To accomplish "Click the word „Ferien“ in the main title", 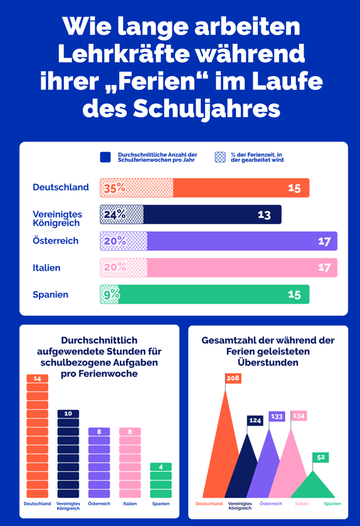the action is tap(156, 82).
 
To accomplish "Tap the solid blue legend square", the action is tap(105, 157).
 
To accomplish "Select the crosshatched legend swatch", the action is tap(220, 157).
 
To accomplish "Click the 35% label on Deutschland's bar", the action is tap(115, 188).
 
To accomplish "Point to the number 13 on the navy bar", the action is tap(264, 215).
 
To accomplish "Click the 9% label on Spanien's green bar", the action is tap(112, 294).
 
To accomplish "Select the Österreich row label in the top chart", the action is tap(55, 240).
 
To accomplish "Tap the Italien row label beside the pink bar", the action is tap(46, 267).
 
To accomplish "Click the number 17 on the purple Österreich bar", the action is tap(324, 241).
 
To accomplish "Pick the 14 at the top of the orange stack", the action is tap(37, 378).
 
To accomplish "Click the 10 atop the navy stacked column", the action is tap(68, 414).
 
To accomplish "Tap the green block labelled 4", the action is tap(161, 466).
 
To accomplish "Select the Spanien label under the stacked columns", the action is tap(161, 503).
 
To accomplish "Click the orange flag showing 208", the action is tap(233, 378).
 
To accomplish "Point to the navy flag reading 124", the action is tap(255, 421).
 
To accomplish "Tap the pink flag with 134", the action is tap(299, 416).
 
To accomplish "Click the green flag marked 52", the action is tap(320, 457).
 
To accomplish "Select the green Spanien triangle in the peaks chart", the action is tap(313, 488).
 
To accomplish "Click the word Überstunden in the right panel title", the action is tap(268, 363).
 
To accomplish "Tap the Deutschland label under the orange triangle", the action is tap(209, 503).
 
